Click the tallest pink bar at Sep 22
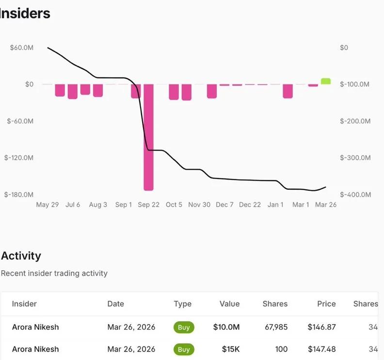(148, 137)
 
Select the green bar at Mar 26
(326, 81)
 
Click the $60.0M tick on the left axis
(22, 48)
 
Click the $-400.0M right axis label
(355, 195)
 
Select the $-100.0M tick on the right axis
(355, 84)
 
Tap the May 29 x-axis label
(48, 205)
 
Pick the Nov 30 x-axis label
(199, 205)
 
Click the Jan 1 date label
(275, 205)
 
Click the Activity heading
(21, 256)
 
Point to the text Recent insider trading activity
(54, 273)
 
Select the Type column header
(183, 304)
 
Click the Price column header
(326, 304)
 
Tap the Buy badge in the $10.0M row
(184, 327)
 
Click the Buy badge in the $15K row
(184, 349)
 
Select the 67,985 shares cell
(275, 327)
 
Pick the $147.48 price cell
(321, 349)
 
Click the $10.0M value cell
(226, 327)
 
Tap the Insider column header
(24, 304)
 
